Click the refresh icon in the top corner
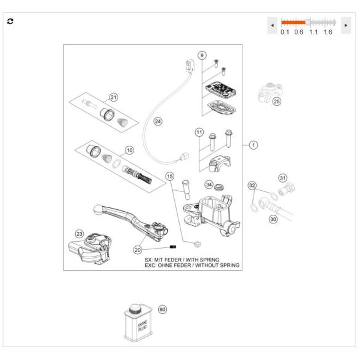[x=10, y=22]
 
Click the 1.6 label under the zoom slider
[x=327, y=32]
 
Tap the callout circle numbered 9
[x=202, y=55]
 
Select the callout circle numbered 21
[x=113, y=97]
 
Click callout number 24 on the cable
[x=158, y=121]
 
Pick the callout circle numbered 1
[x=254, y=145]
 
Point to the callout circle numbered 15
[x=170, y=177]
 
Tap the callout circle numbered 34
[x=209, y=185]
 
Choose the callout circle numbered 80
[x=162, y=310]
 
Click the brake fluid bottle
[x=138, y=323]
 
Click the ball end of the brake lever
[x=98, y=209]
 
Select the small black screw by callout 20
[x=173, y=247]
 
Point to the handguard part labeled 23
[x=90, y=249]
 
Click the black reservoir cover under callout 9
[x=221, y=90]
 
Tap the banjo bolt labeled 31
[x=287, y=189]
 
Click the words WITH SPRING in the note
[x=202, y=260]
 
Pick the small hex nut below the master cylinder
[x=197, y=244]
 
